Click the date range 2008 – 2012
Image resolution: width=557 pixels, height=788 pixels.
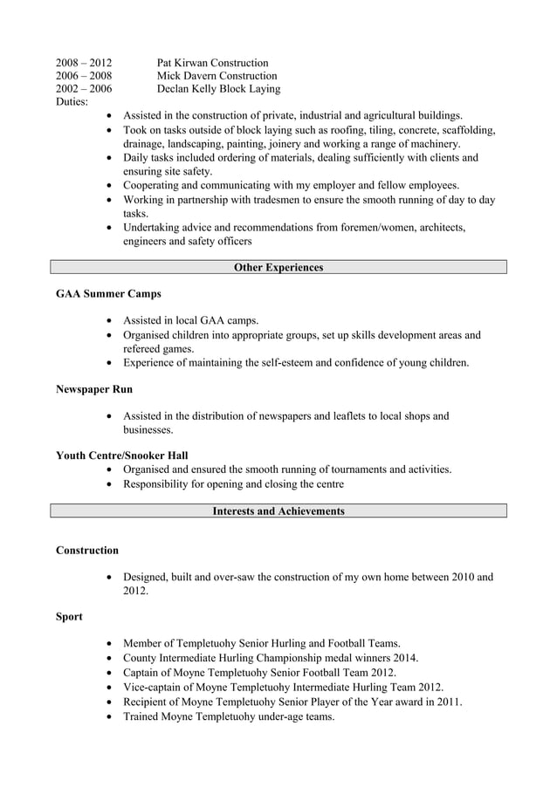tap(84, 63)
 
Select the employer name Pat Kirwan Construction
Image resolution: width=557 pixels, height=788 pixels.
tap(212, 63)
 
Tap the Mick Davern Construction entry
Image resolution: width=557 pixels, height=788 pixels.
tap(217, 76)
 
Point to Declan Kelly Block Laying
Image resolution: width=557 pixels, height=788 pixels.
tap(218, 89)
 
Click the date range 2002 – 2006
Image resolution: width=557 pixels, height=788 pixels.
tap(84, 89)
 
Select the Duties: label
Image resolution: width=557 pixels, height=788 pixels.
tap(72, 102)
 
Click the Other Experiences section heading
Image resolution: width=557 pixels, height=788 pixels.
tap(278, 268)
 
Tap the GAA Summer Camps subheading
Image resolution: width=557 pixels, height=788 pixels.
tap(108, 294)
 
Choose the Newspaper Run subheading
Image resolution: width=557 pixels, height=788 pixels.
tap(94, 388)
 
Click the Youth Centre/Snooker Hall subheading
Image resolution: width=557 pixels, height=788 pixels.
tap(121, 456)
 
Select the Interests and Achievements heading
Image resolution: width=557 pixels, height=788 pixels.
tap(278, 510)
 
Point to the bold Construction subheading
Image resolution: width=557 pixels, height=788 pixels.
tap(87, 551)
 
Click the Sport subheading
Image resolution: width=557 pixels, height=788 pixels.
tap(69, 617)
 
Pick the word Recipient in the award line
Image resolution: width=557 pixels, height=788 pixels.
tap(149, 702)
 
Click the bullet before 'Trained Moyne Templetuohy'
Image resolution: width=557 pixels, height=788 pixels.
tap(107, 716)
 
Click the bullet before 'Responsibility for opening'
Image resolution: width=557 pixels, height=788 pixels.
tap(107, 484)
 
